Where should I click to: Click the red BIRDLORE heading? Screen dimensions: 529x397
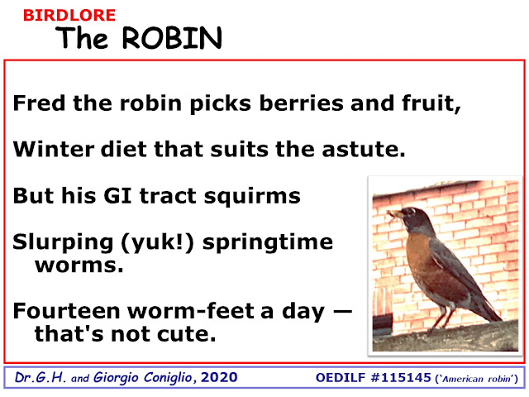point(69,16)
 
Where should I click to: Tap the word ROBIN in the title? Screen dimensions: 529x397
point(172,38)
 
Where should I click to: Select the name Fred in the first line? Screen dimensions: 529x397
point(39,103)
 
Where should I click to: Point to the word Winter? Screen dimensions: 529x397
point(53,149)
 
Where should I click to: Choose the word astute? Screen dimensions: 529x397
point(364,149)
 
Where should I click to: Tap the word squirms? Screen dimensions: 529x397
point(252,197)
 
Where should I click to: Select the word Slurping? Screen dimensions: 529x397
point(63,242)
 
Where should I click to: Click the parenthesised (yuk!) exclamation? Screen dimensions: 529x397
point(157,243)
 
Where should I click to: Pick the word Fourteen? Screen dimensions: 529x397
point(66,311)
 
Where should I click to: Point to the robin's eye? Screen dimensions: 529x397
point(412,212)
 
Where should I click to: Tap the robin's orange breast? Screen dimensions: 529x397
point(418,256)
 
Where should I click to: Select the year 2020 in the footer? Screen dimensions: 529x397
point(219,377)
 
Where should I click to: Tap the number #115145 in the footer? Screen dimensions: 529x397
point(401,377)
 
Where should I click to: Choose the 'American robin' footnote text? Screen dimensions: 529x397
point(477,379)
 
